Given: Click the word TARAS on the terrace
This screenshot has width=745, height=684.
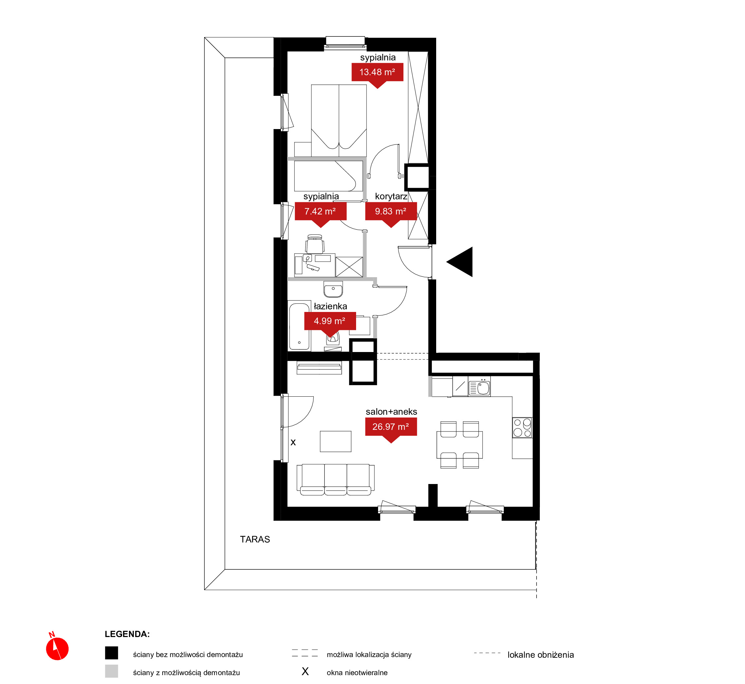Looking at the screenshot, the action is [255, 539].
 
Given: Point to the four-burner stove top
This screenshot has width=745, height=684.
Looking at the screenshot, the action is [522, 428].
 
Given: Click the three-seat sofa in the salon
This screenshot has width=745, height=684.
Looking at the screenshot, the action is [335, 479].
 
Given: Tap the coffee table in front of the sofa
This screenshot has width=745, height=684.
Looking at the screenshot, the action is [335, 441].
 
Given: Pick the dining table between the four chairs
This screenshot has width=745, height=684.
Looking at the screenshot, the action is [459, 445].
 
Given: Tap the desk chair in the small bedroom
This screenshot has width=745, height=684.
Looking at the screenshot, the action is [315, 244].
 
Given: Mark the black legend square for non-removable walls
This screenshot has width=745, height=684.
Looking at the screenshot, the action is [111, 653].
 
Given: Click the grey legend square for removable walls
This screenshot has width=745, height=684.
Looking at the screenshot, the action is [111, 671].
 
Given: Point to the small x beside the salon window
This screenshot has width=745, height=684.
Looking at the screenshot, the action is [293, 442].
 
